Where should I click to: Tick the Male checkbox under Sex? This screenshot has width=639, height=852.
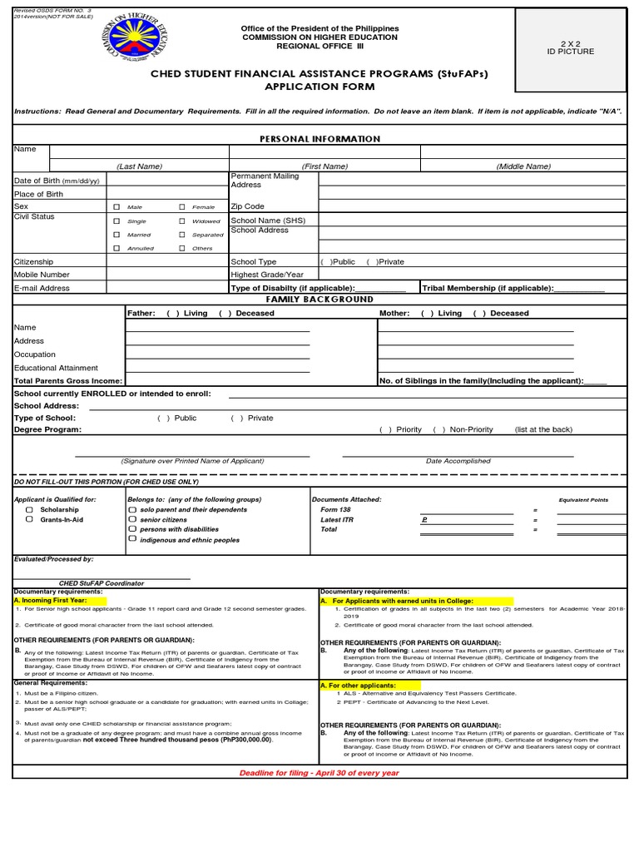(x=116, y=206)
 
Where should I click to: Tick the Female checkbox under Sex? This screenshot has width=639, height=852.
(x=181, y=206)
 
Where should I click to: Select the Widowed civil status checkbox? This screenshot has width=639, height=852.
(x=181, y=221)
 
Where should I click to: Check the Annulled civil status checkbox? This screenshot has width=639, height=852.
(x=116, y=248)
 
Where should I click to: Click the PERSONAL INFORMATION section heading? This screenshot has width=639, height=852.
(x=319, y=139)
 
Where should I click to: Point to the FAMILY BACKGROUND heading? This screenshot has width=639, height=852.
(x=319, y=299)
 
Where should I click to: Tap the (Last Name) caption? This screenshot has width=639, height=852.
(x=139, y=166)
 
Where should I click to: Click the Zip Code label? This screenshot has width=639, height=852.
(x=247, y=206)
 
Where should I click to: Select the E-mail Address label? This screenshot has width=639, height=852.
(x=42, y=288)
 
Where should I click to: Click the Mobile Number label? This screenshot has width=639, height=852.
(x=42, y=275)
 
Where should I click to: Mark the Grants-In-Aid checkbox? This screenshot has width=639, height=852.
(x=30, y=519)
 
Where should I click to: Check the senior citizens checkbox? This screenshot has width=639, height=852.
(x=131, y=519)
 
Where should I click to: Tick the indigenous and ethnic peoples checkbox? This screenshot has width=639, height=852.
(x=131, y=539)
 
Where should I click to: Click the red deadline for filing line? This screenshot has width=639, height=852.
(x=319, y=773)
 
